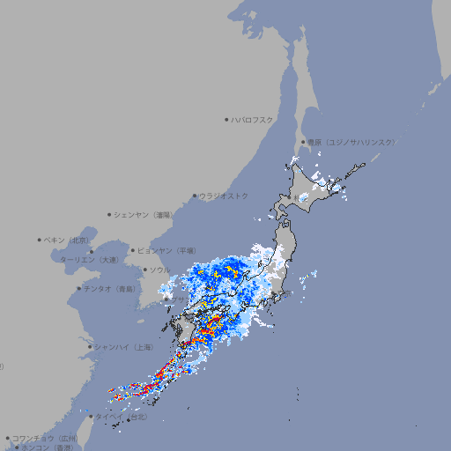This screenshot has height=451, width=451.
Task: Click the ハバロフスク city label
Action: click(253, 119)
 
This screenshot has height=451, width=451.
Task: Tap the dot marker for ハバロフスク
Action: click(226, 119)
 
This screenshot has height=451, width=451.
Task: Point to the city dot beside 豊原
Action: click(303, 142)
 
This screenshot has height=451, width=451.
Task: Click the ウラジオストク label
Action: click(224, 196)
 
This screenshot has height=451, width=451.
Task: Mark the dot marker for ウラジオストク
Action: click(195, 196)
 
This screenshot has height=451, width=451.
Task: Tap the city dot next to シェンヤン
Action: click(110, 214)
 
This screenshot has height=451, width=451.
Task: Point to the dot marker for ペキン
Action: click(40, 240)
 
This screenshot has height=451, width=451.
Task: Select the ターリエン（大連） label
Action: click(88, 260)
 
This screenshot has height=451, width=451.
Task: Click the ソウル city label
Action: click(160, 270)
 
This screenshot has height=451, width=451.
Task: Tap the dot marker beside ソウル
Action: click(144, 270)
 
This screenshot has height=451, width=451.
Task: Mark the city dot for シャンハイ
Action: click(90, 347)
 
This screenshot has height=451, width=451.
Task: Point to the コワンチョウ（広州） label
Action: click(45, 438)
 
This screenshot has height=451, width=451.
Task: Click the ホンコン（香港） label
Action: click(48, 447)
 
